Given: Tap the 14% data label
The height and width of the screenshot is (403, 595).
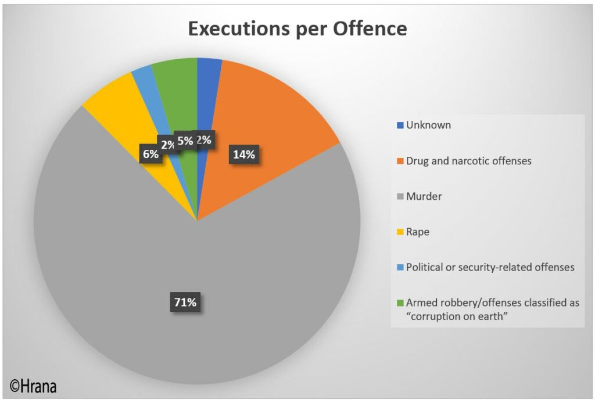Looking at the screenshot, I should (x=243, y=154).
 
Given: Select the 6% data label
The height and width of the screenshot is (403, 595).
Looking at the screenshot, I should (x=150, y=154).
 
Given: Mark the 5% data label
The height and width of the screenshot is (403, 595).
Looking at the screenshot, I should (x=185, y=140).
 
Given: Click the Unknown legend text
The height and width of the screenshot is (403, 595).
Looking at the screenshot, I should (x=428, y=125).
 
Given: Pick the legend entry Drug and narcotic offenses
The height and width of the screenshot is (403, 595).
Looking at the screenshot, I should (x=468, y=161).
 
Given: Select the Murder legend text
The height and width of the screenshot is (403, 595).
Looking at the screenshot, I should (x=424, y=196).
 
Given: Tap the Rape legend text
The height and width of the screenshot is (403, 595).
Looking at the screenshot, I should (x=418, y=232).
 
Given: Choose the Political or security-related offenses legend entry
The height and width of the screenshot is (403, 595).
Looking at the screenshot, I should (x=490, y=267).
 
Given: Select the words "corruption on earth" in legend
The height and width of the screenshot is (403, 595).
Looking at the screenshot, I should (x=457, y=316).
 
